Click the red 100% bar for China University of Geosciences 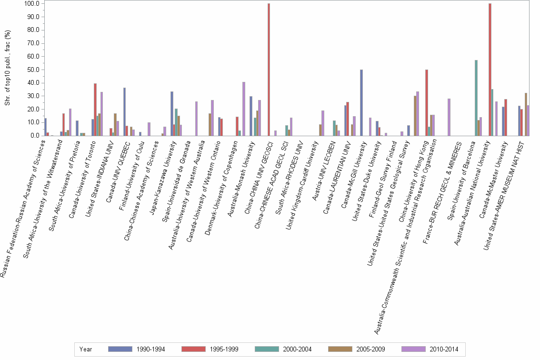pos(269,70)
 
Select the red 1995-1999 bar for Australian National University pos(490,70)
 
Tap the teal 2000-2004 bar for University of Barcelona pos(476,98)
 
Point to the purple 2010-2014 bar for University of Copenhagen pos(244,109)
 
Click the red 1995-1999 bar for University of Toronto pos(95,110)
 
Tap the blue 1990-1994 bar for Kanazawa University pos(171,113)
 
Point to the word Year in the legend pos(87,350)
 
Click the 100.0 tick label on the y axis pos(31,4)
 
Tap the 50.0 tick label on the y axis pos(33,70)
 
